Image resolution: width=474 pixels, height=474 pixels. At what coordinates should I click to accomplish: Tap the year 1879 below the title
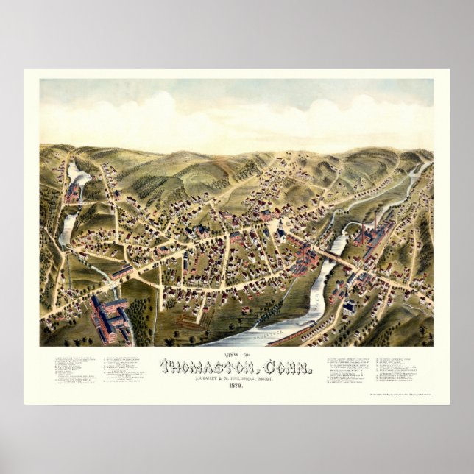(237, 386)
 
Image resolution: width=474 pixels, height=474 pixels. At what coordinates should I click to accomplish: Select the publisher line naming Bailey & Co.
(237, 377)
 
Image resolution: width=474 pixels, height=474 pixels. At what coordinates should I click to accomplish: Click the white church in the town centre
(280, 235)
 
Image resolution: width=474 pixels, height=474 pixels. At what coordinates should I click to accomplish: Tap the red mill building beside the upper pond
(72, 193)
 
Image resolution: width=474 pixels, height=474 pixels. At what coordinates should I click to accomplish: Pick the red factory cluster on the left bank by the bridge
(303, 258)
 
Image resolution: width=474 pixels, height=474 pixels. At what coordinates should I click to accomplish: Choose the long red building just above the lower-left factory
(122, 273)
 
